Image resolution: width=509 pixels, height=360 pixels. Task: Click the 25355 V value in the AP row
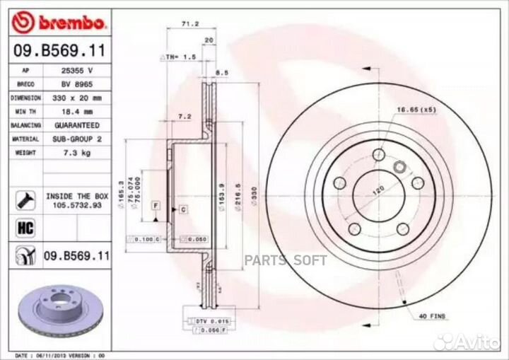pos(77,71)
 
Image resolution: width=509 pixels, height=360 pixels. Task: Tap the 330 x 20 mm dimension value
pos(77,97)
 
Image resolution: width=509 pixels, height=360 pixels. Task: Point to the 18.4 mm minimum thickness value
pos(77,111)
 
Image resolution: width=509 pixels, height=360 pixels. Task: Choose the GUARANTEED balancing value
pos(77,125)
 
